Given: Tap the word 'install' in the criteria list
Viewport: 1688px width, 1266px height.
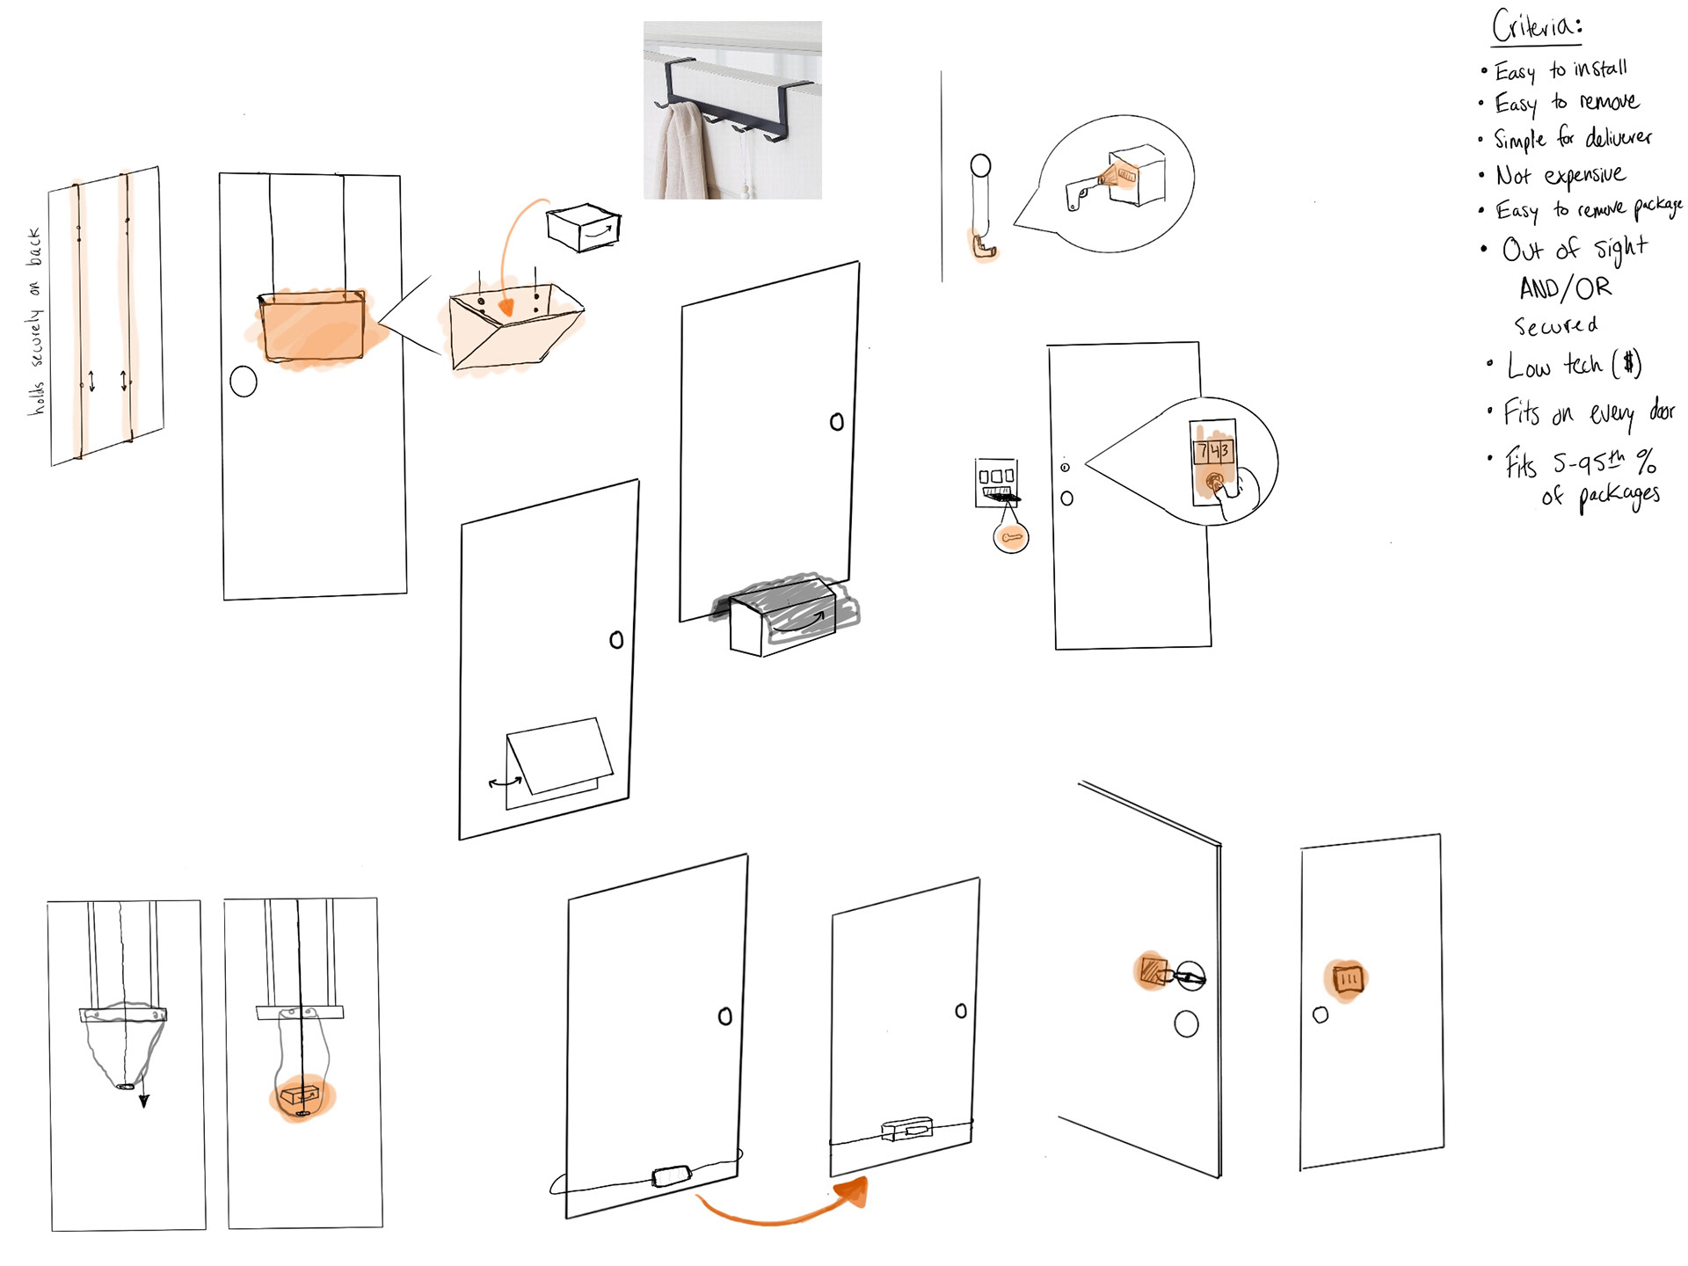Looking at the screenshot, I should [1600, 69].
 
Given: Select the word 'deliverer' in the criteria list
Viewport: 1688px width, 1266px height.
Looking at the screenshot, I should [1619, 138].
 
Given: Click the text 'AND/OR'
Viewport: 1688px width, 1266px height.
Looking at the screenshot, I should [1565, 288].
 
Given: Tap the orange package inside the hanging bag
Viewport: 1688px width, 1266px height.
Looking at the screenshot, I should [300, 1096].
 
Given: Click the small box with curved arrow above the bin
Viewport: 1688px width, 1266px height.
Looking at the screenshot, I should [584, 227].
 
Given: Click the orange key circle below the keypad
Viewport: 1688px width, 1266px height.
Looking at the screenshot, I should [1011, 536].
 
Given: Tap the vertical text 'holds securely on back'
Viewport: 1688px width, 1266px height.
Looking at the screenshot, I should [35, 321].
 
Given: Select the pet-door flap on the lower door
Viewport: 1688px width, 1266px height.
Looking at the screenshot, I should [554, 756].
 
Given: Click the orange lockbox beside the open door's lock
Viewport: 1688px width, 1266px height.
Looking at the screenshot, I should [1152, 971].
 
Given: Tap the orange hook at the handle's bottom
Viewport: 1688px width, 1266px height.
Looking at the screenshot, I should [983, 247].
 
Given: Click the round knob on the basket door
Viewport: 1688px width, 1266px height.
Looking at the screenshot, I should [244, 382].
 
